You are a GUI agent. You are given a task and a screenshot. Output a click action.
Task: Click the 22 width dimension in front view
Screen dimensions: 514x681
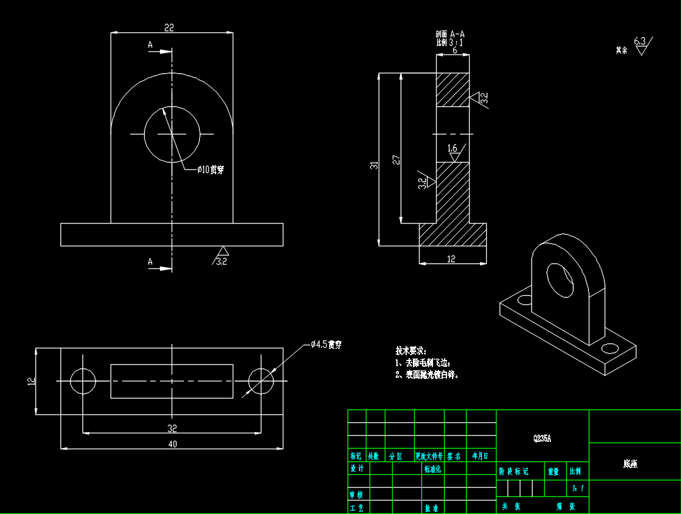(169, 28)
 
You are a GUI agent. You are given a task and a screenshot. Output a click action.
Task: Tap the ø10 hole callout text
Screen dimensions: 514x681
(210, 169)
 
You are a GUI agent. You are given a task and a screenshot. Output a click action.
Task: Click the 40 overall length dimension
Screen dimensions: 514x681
(172, 444)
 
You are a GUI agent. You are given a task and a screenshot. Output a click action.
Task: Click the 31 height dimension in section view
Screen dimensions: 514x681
(374, 165)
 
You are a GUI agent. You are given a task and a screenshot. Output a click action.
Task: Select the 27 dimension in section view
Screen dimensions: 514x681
(396, 160)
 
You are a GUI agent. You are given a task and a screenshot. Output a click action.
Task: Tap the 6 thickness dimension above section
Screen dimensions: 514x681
(454, 51)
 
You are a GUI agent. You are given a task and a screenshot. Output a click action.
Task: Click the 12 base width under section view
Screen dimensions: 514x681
(451, 259)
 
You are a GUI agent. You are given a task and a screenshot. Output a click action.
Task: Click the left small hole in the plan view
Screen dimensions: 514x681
(83, 381)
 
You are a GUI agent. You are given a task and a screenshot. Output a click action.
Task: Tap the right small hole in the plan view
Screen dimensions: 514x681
(261, 381)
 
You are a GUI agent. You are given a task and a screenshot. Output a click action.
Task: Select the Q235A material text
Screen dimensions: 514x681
(542, 438)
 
